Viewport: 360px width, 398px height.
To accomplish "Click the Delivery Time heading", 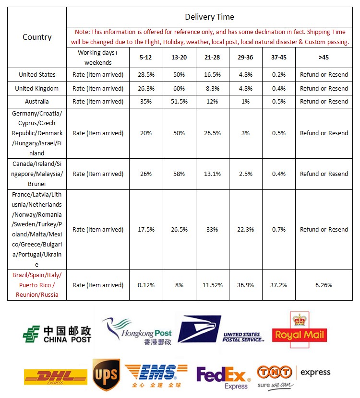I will [209, 17].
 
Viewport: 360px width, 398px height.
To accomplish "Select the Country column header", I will [37, 37].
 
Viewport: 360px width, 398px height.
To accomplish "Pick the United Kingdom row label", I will [37, 88].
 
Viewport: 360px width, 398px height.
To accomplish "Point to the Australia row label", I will [37, 101].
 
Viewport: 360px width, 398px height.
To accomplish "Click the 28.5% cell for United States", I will [146, 75].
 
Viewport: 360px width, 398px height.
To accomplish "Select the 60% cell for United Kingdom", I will [179, 88].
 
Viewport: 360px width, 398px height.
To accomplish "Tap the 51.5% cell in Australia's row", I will [179, 101].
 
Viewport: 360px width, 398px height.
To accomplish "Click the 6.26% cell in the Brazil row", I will [324, 285].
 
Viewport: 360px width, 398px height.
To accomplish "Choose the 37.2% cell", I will [278, 285].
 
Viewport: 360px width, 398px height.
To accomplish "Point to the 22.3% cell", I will [245, 229].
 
